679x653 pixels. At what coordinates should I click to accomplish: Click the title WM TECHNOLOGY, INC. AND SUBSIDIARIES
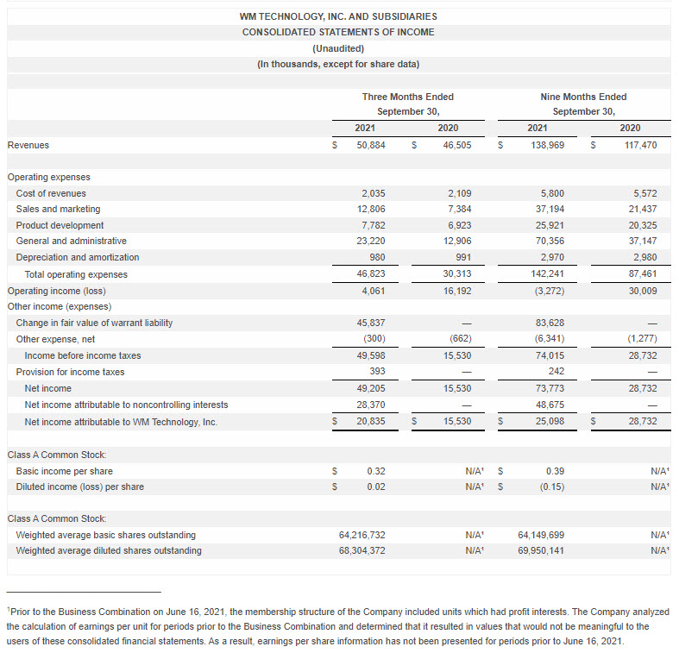click(338, 16)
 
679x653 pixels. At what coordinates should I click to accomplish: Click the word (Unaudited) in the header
click(338, 48)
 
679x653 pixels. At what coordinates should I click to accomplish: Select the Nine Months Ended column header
click(583, 97)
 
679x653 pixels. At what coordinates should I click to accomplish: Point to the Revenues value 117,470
click(640, 146)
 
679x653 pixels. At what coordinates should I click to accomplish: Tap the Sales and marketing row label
click(58, 210)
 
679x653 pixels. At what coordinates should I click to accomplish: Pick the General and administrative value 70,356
click(550, 242)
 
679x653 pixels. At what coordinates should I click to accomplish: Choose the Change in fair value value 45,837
click(370, 323)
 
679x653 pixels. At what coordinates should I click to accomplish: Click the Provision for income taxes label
click(70, 372)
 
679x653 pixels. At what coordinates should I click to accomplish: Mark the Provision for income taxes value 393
click(377, 372)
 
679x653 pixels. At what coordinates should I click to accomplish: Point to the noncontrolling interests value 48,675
click(550, 405)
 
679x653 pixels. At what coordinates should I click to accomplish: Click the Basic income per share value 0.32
click(375, 471)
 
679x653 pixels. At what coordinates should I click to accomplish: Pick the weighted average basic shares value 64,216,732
click(362, 535)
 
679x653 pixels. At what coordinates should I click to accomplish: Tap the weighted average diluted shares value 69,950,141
click(541, 551)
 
